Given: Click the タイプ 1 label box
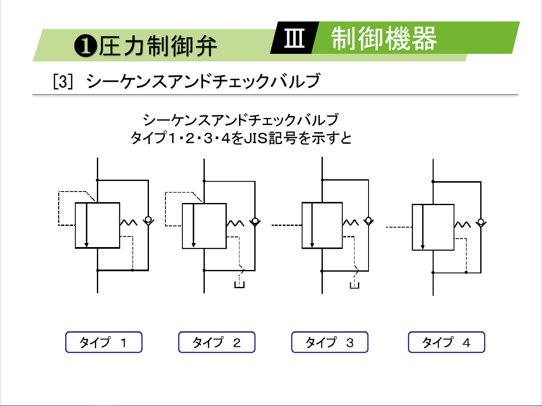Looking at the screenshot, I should coord(104,342).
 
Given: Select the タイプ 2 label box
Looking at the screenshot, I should coord(217,342).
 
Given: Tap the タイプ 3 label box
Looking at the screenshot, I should coord(330,342).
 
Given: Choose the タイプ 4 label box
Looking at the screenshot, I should coord(446,342).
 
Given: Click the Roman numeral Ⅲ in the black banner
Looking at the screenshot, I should coord(294,38).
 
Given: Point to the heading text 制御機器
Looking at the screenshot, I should coord(384,39).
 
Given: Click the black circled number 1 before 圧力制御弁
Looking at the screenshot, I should coord(85,46).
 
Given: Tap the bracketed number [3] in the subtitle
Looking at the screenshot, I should coord(63,81).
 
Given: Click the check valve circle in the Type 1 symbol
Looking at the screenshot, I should coord(148,220).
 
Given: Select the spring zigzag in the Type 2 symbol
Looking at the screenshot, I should coord(235,223).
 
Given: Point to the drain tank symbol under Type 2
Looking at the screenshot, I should coord(239,284).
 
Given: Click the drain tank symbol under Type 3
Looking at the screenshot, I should coord(355,284).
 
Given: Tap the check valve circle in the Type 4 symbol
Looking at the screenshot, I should coord(481,222).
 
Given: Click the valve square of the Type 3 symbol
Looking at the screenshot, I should coord(322,225).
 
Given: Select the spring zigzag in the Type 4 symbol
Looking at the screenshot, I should coord(462,225).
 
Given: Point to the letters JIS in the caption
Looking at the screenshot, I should coord(256,138).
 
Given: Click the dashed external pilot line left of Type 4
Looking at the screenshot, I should coord(399,228).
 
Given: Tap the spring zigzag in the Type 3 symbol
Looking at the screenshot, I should coord(351,222).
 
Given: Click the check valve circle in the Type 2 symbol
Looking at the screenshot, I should coord(255,221).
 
